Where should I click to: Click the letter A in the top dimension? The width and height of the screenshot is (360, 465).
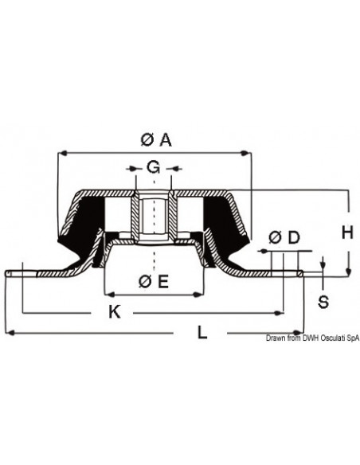165,140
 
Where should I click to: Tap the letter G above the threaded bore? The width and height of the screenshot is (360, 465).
153,167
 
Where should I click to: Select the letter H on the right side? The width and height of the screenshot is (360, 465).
346,232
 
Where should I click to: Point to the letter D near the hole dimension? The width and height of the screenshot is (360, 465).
293,237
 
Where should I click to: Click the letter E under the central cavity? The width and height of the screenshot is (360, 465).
162,280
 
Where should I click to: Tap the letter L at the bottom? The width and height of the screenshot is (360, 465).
203,334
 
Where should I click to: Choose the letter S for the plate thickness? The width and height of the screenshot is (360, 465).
323,301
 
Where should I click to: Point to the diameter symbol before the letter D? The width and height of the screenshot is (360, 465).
275,237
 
